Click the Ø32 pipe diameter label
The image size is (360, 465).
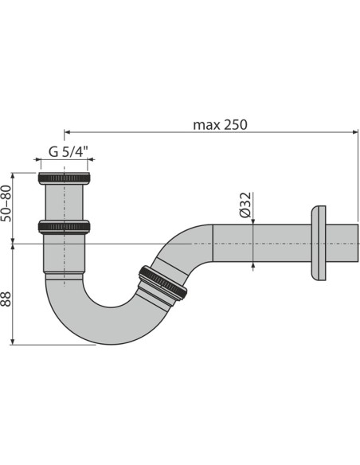click(246, 205)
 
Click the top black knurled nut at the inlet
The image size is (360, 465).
click(65, 178)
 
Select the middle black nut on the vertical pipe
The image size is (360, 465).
click(65, 226)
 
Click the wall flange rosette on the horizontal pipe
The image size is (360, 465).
click(318, 243)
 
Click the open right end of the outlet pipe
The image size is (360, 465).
click(355, 243)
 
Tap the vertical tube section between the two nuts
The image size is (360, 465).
click(65, 202)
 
